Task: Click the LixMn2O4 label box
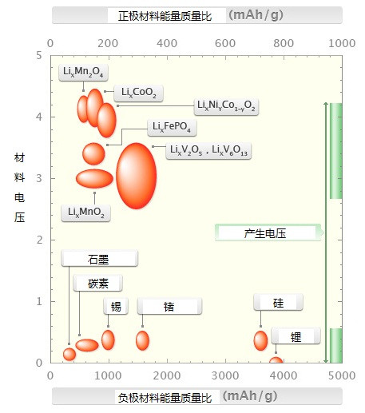coord(83,72)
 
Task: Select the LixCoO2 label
coord(138,93)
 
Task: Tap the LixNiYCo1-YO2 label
coord(226,106)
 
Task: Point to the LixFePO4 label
coord(172,128)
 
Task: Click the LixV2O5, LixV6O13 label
coord(208,151)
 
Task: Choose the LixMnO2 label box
coord(85,213)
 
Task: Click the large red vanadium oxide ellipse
coord(137,176)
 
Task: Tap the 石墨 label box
coord(99,258)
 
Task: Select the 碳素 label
coord(98,283)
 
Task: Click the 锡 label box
coord(116,306)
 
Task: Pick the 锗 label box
coord(169,306)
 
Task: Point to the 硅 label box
coord(278,302)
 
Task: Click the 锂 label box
coord(296,336)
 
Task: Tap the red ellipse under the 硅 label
coord(260,341)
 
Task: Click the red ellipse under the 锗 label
coord(142,340)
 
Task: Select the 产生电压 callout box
coord(269,232)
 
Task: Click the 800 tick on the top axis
coord(284,43)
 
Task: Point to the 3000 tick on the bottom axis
coord(225,375)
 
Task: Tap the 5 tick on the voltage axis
coord(39,55)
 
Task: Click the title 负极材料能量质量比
coord(165,398)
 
